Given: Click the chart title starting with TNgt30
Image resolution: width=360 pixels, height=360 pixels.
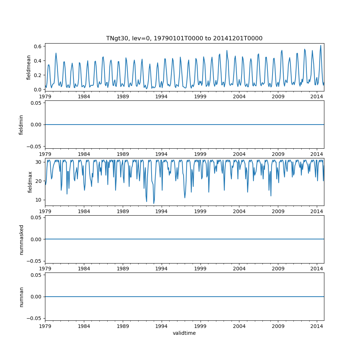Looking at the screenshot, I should point(184,38).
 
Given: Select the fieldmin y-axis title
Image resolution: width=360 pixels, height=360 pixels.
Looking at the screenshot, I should point(21,125).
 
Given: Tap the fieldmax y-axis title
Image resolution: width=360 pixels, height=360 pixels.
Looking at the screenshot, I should point(30,182).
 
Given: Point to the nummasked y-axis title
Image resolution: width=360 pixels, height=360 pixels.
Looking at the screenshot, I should point(21,239).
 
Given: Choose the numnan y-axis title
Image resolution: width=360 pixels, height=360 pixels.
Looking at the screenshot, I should point(21,297).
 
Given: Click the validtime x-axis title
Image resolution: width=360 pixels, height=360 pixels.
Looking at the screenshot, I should point(184,333).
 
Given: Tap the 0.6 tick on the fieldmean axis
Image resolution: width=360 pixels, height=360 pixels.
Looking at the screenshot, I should point(37,46).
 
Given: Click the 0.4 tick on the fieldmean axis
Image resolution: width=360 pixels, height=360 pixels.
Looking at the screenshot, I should point(37,61).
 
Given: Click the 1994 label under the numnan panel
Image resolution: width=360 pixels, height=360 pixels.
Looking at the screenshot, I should point(161,326).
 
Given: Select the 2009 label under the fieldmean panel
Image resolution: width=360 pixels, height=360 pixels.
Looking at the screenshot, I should point(278,96).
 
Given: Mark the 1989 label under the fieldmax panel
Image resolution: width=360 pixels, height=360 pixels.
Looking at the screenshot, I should point(123,211).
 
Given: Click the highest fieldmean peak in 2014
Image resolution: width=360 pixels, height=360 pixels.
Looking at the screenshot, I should point(321,45).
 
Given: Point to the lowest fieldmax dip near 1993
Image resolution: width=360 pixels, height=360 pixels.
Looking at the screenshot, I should point(154,203).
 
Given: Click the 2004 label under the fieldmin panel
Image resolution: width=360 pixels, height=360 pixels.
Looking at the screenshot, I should point(239,154).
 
